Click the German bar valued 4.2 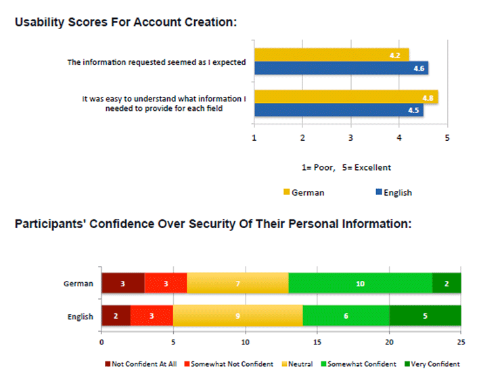tap(332, 54)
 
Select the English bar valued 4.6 tap(341, 68)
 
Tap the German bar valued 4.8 tap(346, 97)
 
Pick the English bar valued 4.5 tap(338, 110)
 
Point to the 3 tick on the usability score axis tap(350, 139)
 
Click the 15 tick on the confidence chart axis tap(317, 332)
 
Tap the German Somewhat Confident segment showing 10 tap(360, 284)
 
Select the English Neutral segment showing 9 tap(237, 316)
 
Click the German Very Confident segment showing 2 tap(447, 284)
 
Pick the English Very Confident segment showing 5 tap(425, 316)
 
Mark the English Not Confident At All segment tap(116, 316)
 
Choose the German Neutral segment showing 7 tap(237, 284)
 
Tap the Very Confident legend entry tap(434, 364)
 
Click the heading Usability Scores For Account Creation tap(126, 22)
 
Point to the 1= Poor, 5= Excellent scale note tap(346, 167)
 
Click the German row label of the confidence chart tap(79, 284)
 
